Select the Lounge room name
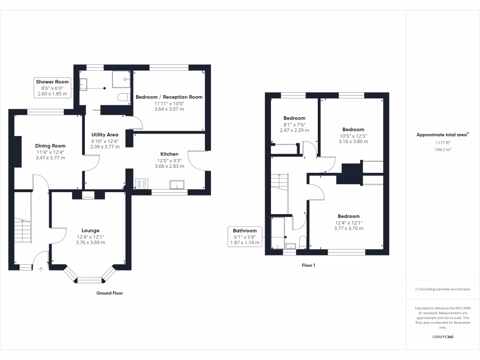pos(90,231)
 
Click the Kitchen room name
pos(169,154)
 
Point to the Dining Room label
pos(51,146)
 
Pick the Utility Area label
pos(104,135)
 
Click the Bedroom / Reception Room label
pos(169,97)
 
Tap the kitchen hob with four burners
pos(142,184)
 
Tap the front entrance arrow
pos(40,269)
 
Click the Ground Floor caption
pos(110,293)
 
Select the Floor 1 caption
pos(308,265)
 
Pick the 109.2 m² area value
pos(442,150)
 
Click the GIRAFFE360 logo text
pos(442,337)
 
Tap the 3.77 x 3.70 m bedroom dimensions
pos(348,229)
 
